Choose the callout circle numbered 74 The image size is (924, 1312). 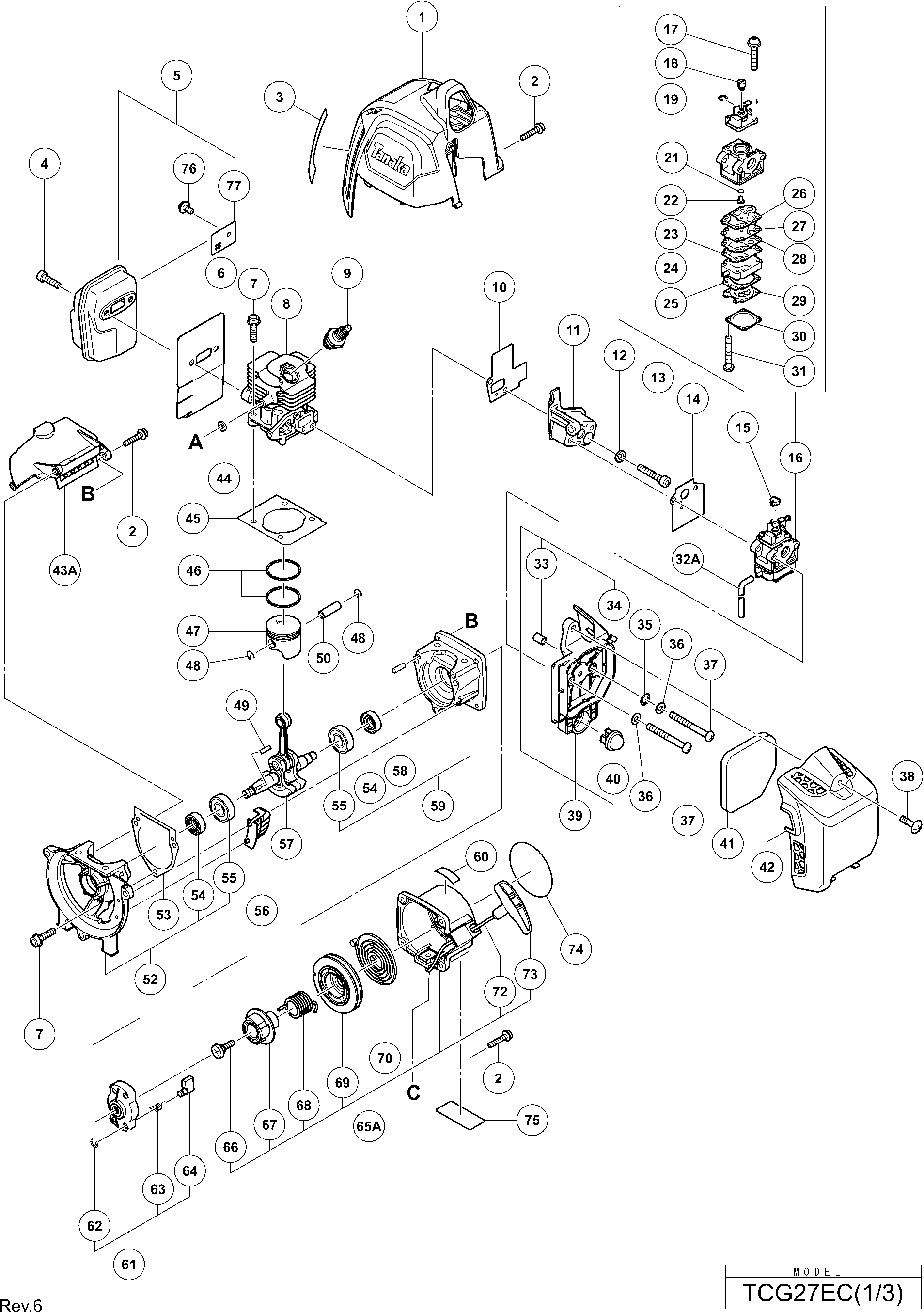tap(576, 948)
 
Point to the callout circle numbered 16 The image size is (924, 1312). tap(795, 457)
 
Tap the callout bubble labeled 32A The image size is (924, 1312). tap(688, 559)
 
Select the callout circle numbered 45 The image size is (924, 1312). tap(193, 518)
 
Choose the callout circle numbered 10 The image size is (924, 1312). tap(499, 287)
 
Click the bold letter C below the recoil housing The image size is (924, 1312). tap(413, 1092)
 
